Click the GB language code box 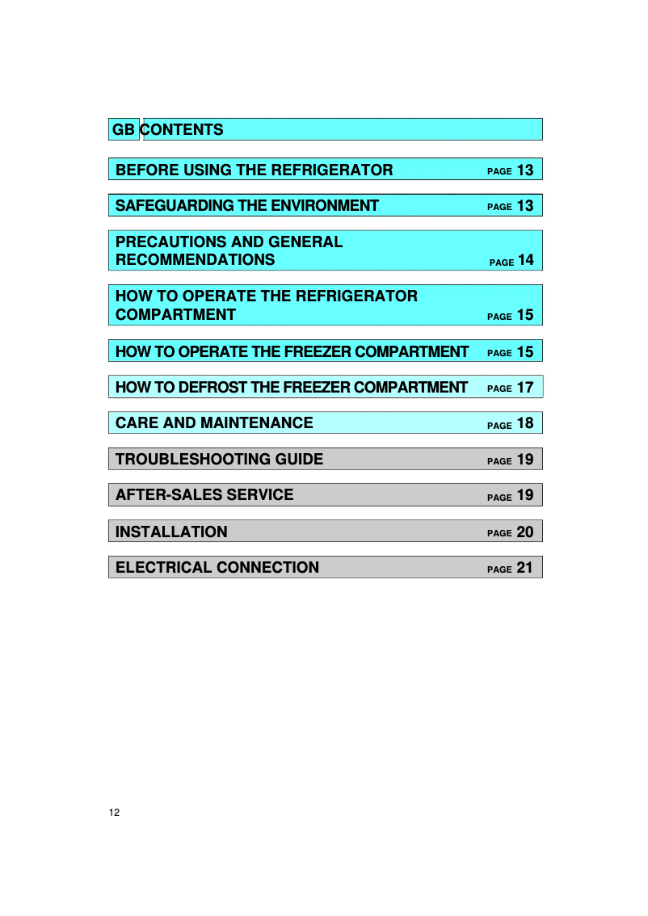[124, 129]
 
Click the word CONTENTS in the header [183, 129]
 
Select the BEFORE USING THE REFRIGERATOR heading [255, 170]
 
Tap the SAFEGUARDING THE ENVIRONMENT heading [247, 206]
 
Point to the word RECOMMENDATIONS [195, 260]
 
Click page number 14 [525, 260]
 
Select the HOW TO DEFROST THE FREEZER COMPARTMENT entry [292, 388]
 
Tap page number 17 [525, 388]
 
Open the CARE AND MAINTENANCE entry [214, 422]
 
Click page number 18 [525, 423]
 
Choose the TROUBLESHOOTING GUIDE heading [219, 460]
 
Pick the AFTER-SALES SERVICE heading [204, 494]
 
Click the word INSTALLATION [171, 532]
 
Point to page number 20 [525, 532]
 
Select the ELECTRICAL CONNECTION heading [217, 567]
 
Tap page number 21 [525, 568]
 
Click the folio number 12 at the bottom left [114, 812]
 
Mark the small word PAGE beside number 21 [499, 569]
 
